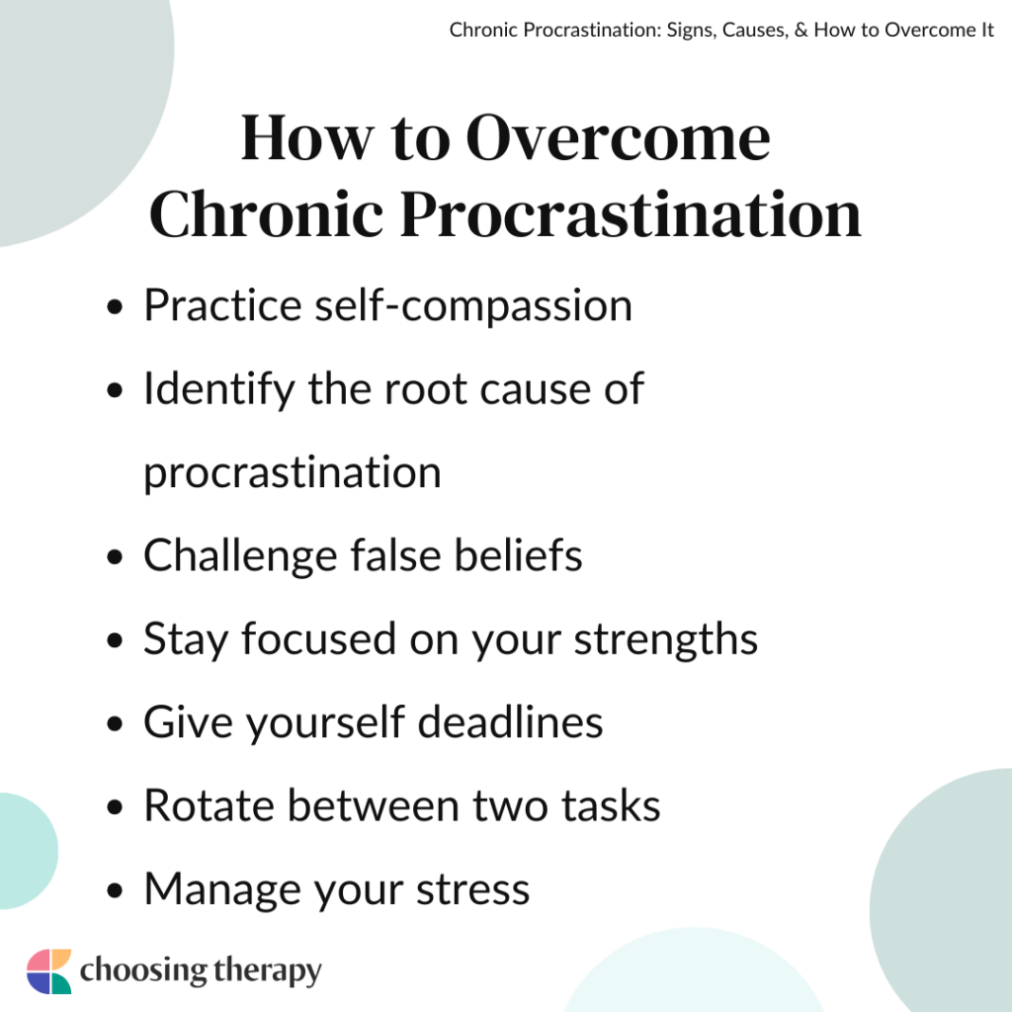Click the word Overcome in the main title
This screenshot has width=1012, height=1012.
click(618, 138)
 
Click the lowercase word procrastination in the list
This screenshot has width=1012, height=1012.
click(292, 473)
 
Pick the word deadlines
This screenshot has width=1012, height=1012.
click(510, 722)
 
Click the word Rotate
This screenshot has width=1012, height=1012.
click(206, 805)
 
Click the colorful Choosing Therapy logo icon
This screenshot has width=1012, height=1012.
click(49, 970)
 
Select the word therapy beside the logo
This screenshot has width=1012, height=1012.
click(266, 971)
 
